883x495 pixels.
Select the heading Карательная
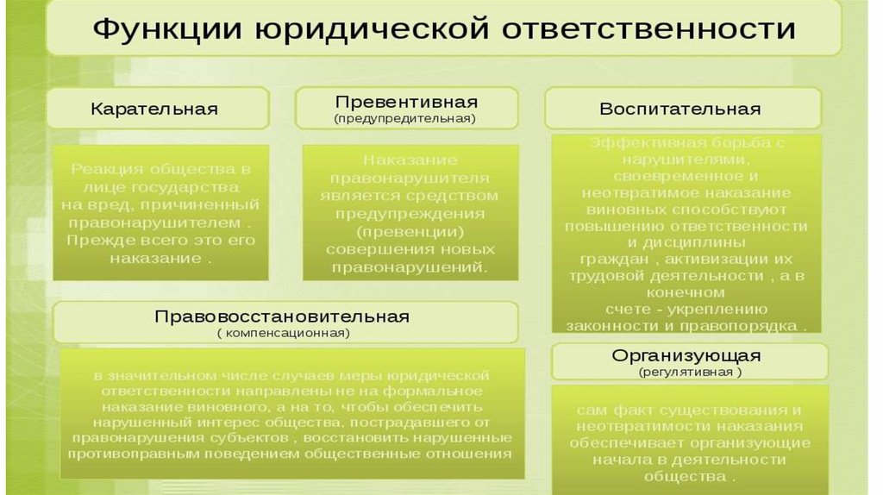(x=154, y=110)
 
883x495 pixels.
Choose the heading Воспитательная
(x=680, y=110)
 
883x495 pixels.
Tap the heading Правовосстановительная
(x=282, y=316)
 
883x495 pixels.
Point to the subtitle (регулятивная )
(x=690, y=373)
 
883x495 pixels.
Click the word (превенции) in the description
(x=410, y=233)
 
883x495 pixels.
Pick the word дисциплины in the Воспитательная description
(x=686, y=242)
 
